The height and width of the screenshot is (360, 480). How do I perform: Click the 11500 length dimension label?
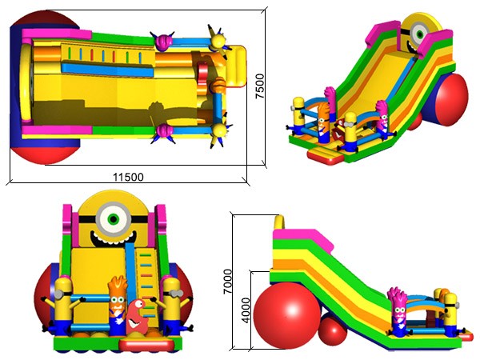coord(128,177)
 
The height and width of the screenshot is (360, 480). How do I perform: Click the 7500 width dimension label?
coord(259,86)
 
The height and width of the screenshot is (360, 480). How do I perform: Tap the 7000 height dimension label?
coord(228,282)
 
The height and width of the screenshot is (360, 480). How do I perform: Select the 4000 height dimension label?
coord(246,310)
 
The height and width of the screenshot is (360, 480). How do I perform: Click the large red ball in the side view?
coord(287,315)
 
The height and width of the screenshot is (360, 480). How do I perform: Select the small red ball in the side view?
coord(333,331)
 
